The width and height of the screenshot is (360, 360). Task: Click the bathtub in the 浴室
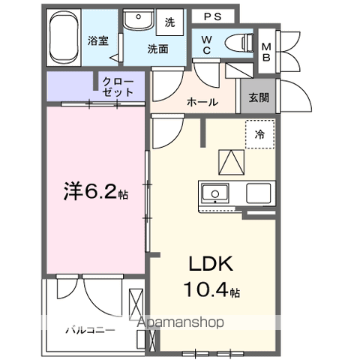[x=64, y=37]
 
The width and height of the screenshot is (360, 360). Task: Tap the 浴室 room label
[x=98, y=40]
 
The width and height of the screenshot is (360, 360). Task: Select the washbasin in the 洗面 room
[x=139, y=19]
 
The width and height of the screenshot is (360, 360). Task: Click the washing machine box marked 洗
[x=170, y=22]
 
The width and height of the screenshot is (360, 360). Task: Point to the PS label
[x=213, y=16]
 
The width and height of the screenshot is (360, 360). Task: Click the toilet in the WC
[x=239, y=43]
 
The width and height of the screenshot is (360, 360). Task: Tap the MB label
[x=266, y=52]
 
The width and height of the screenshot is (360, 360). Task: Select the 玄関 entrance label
[x=259, y=97]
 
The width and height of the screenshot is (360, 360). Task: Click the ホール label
[x=202, y=102]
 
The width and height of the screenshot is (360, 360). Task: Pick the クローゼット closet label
[x=118, y=87]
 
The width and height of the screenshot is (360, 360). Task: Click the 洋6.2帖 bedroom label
[x=96, y=192]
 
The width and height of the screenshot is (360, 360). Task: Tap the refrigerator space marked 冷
[x=260, y=134]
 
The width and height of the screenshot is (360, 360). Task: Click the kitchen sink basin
[x=215, y=193]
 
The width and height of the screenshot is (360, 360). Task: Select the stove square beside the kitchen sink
[x=259, y=193]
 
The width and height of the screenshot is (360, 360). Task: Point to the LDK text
[x=211, y=264]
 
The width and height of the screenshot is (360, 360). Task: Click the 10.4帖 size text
[x=211, y=289]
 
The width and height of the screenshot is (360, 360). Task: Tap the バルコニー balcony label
[x=91, y=330]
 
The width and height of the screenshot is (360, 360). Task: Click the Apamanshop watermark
[x=180, y=322]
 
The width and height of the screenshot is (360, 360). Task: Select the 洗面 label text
[x=157, y=49]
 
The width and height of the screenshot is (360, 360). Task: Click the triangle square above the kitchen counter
[x=231, y=162]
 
